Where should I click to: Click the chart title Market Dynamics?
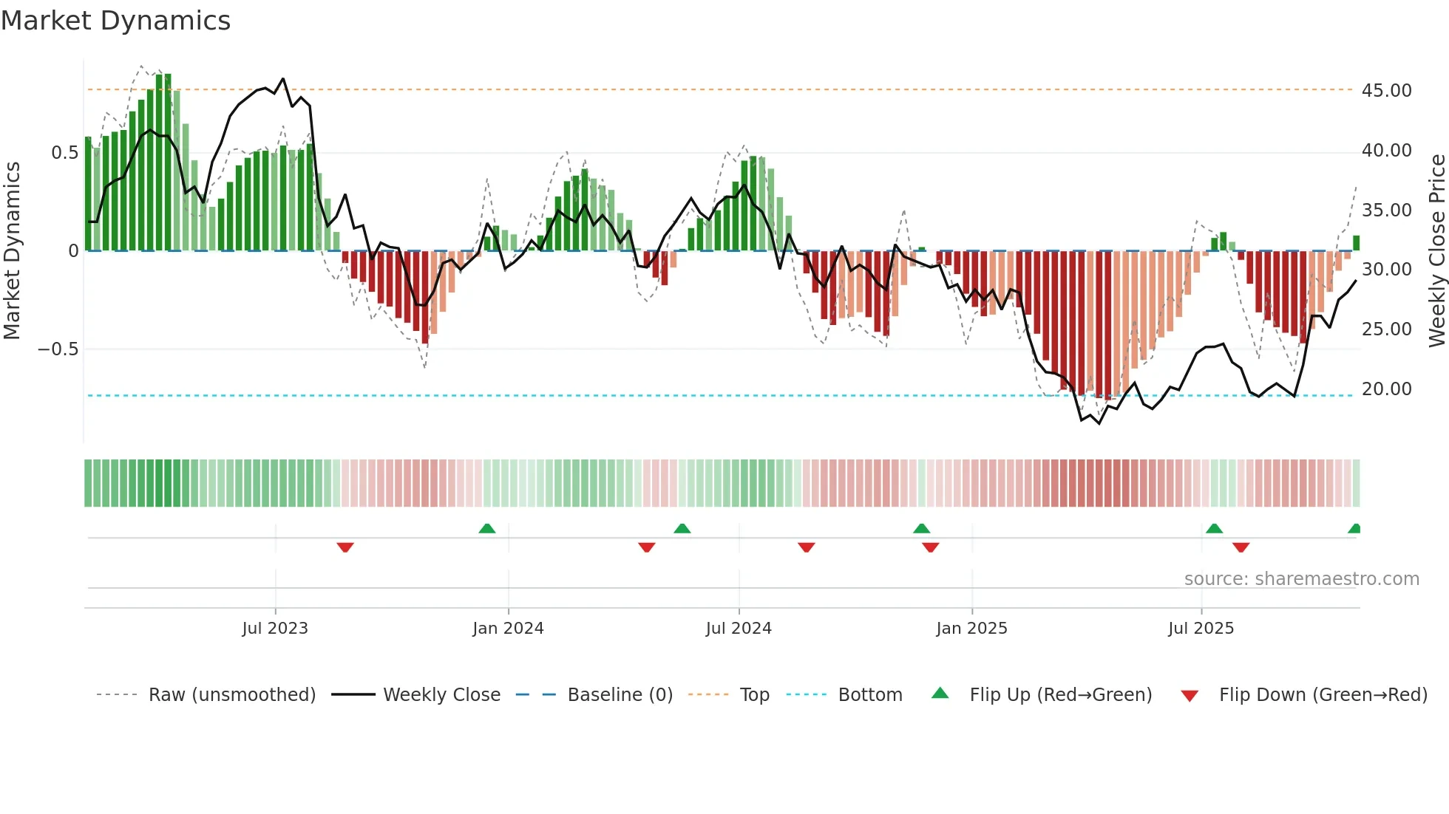point(115,21)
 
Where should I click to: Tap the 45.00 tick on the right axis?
point(1386,90)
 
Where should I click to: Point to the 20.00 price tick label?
point(1386,389)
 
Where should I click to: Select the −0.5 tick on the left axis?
point(58,349)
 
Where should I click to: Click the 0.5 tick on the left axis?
point(64,153)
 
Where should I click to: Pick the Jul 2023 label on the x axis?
point(275,628)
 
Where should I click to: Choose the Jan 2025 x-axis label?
point(971,628)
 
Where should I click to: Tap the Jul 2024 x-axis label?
point(739,628)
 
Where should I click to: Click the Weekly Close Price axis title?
point(1436,251)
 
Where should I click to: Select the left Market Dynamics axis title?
point(12,251)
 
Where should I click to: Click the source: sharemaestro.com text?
point(1301,578)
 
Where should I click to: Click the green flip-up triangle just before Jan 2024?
point(486,528)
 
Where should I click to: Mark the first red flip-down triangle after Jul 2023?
point(345,547)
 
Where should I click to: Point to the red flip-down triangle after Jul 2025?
point(1241,547)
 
